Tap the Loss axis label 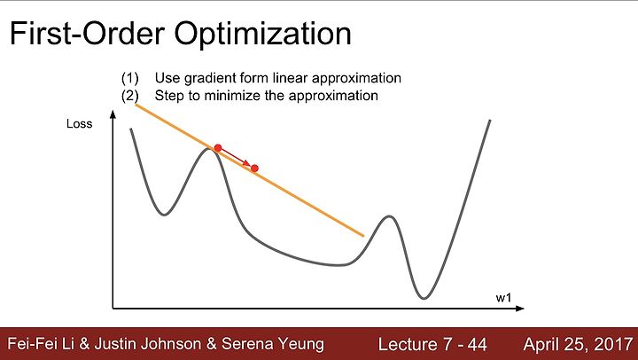point(80,124)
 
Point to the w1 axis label point(503,298)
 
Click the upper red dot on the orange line point(218,148)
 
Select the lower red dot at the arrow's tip point(254,168)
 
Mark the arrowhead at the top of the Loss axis point(113,114)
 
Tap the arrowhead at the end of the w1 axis point(519,309)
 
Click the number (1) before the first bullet point(129,78)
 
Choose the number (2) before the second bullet point(129,96)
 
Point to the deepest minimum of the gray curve point(424,298)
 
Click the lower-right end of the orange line point(363,235)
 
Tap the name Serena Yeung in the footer point(273,345)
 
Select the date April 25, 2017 point(578,345)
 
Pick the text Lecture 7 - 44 point(432,345)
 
